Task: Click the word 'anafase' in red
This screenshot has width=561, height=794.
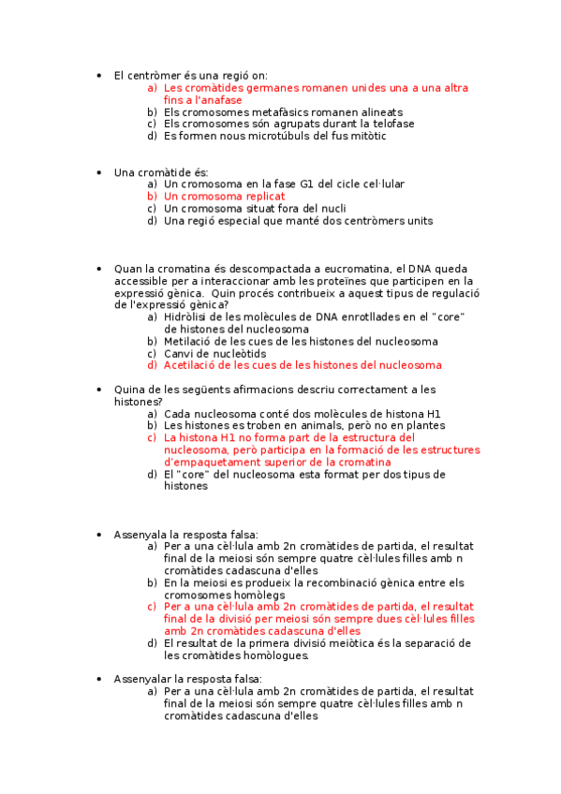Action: tap(222, 100)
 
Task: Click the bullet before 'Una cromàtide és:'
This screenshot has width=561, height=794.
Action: tap(99, 173)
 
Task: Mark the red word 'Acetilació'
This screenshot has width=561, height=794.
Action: tap(191, 366)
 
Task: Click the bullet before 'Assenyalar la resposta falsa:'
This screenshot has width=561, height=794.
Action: tap(99, 679)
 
